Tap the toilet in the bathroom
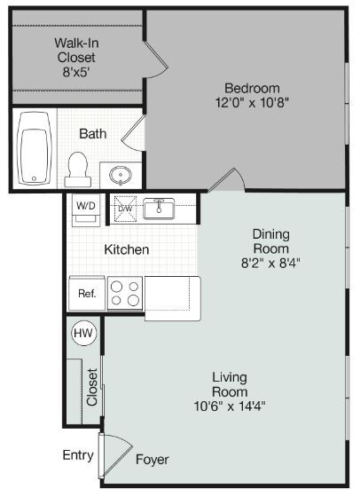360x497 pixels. click(x=77, y=166)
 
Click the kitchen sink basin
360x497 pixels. click(x=160, y=209)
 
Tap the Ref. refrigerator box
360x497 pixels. click(x=87, y=293)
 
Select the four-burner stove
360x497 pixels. click(x=125, y=293)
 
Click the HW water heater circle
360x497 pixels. click(x=83, y=334)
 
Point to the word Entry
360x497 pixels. click(x=78, y=455)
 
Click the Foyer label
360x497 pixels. click(x=152, y=460)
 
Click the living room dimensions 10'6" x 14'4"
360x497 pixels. click(x=229, y=406)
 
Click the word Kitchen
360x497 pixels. click(x=127, y=249)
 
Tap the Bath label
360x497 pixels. click(x=92, y=134)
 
